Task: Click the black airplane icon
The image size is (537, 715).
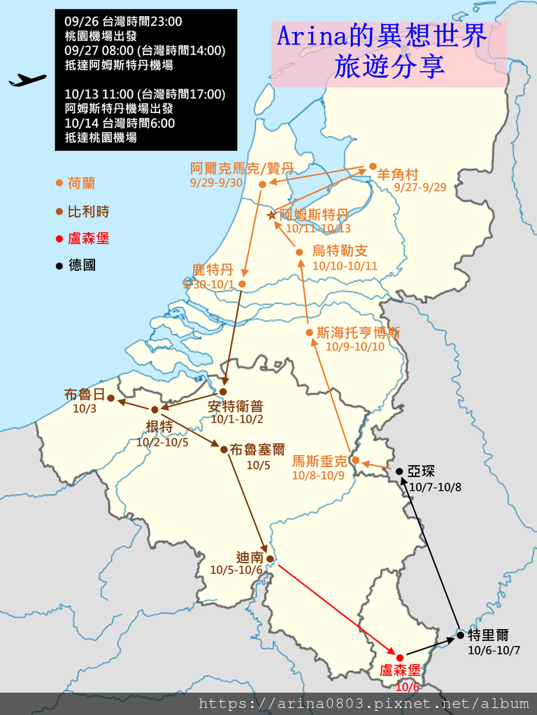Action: [x=27, y=80]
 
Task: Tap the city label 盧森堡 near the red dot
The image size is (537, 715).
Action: [x=401, y=671]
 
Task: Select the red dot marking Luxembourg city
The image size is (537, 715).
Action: [x=400, y=658]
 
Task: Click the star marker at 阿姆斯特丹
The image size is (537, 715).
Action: [x=272, y=215]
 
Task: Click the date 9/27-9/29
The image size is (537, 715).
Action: [x=420, y=188]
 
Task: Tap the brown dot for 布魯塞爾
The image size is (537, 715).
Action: [x=224, y=449]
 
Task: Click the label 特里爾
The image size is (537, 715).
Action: [x=489, y=635]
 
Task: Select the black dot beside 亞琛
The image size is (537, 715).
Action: [x=399, y=471]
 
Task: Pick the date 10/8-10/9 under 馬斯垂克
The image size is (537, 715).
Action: [x=318, y=476]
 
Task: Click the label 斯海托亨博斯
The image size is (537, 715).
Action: [x=359, y=333]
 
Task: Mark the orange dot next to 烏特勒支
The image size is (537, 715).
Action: [x=299, y=252]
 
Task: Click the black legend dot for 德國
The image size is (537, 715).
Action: [x=59, y=265]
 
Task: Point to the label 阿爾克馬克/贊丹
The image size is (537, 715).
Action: [x=241, y=168]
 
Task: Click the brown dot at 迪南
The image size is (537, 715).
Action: [x=270, y=559]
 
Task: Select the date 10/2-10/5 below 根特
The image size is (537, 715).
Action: [x=162, y=442]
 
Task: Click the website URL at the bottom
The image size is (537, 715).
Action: [x=364, y=703]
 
